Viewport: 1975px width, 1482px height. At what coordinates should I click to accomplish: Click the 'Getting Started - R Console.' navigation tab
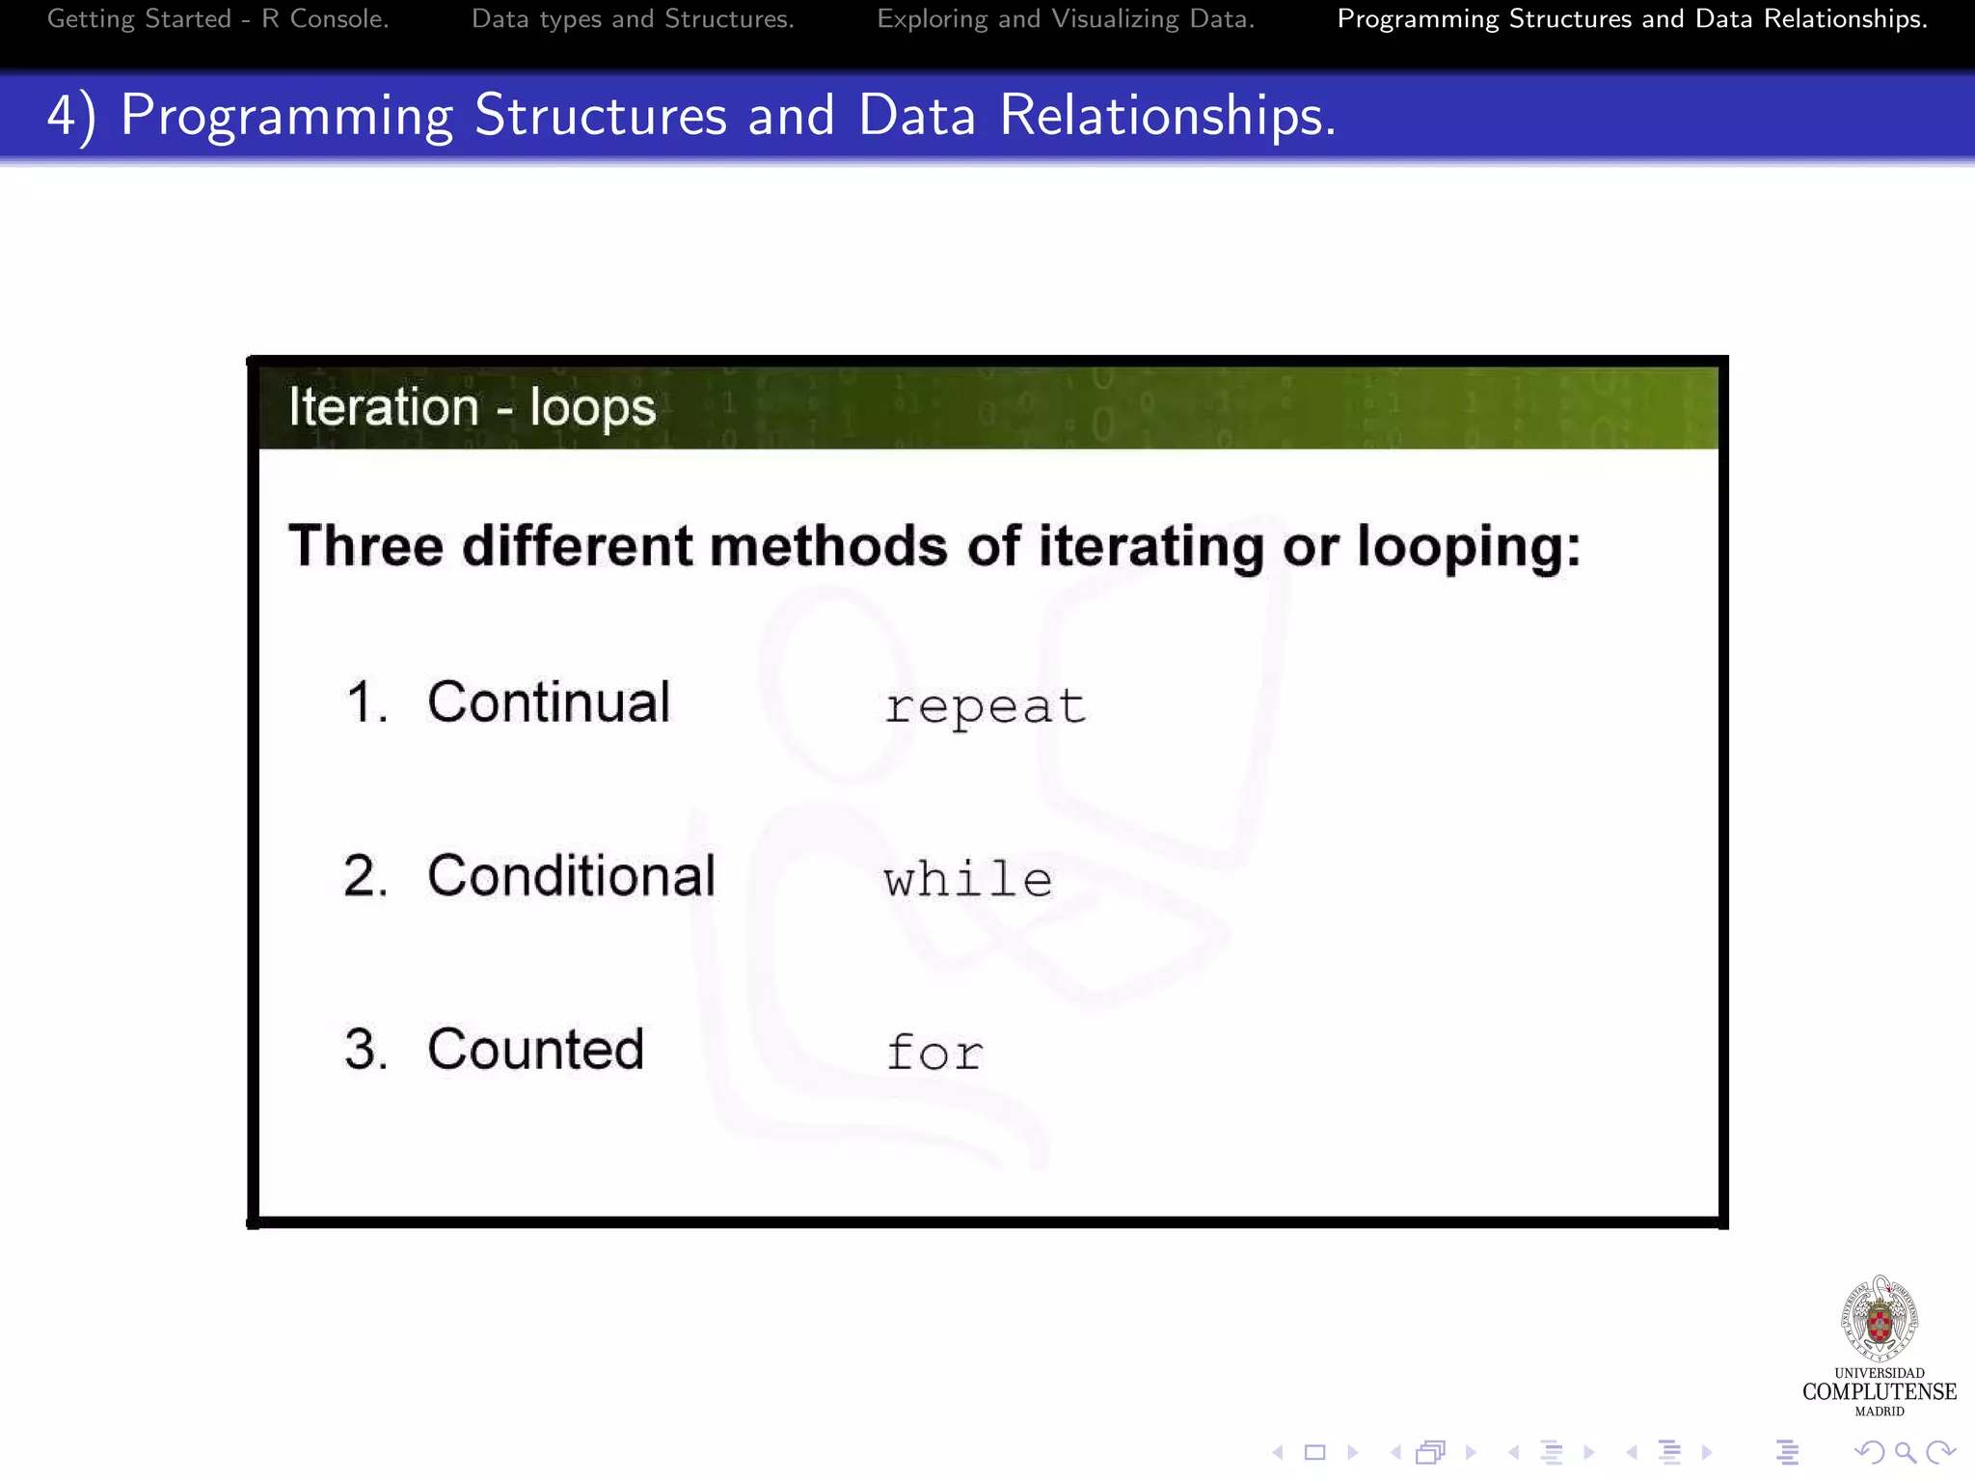point(218,19)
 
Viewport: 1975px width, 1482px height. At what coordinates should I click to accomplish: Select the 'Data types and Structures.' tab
point(633,19)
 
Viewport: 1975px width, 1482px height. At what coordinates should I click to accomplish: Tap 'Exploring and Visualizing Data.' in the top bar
point(1066,19)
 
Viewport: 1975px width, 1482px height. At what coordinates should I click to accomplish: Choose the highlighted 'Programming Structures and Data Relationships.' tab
point(1632,19)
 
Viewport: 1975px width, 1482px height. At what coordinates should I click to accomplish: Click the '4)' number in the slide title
point(71,116)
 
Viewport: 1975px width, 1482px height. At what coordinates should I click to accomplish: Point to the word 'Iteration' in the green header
point(384,406)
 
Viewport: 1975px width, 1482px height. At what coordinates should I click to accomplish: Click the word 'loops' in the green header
point(592,408)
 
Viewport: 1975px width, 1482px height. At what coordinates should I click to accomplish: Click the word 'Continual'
point(549,701)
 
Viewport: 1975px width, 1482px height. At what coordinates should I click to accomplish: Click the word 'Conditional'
point(571,876)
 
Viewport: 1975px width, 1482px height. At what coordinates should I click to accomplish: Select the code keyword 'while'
point(967,880)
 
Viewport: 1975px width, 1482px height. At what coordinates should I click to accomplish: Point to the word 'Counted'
point(535,1049)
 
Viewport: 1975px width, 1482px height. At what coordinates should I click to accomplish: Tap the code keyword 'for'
point(934,1052)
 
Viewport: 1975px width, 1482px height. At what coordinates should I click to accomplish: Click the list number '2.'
point(365,876)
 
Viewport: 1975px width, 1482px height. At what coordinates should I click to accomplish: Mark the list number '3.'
point(365,1049)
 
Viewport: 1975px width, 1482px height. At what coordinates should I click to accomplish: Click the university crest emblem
point(1879,1318)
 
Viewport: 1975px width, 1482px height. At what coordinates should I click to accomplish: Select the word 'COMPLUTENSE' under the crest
point(1879,1391)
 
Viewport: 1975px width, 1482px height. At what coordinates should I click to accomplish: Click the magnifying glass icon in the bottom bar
point(1905,1452)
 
